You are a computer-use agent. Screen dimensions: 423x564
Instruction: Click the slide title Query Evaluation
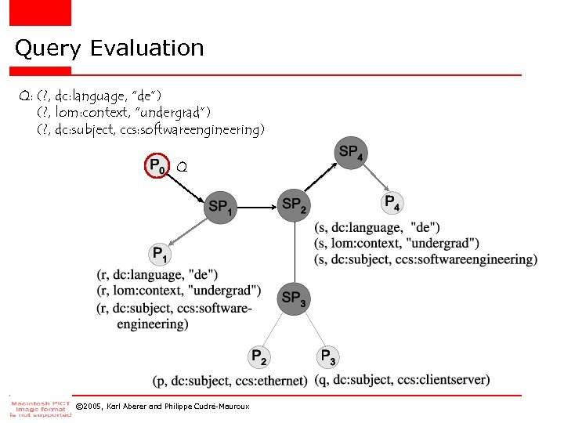click(110, 49)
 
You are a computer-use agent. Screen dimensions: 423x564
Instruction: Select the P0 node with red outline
click(157, 167)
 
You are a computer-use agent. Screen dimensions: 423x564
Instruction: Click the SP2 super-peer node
click(294, 205)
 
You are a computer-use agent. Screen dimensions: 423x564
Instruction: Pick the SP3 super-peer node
click(294, 298)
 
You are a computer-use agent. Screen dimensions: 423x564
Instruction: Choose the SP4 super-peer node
click(349, 152)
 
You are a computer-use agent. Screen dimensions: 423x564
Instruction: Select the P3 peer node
click(329, 357)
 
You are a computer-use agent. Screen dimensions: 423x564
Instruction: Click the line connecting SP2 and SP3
click(294, 251)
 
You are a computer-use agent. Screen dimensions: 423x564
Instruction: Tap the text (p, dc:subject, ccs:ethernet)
click(230, 381)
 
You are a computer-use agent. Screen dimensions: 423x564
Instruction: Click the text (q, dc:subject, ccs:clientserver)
click(402, 380)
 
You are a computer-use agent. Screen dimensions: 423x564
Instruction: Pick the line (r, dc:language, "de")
click(157, 275)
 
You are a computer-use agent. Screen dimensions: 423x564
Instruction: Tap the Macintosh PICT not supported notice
click(40, 405)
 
